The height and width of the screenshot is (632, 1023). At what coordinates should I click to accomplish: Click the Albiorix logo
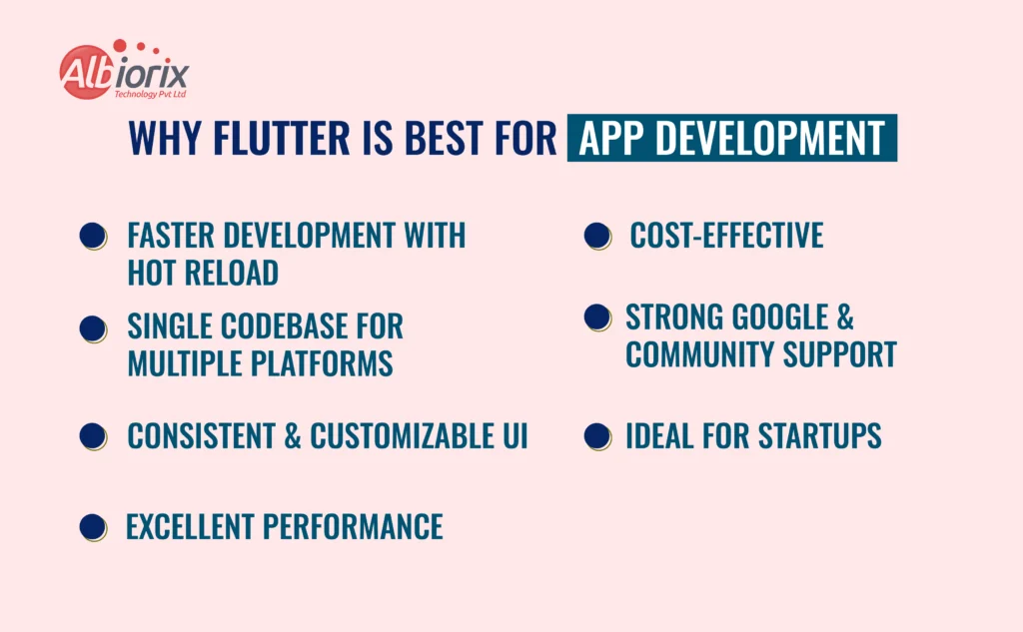coord(124,72)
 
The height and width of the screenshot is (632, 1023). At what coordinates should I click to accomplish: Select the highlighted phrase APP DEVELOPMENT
coord(731,139)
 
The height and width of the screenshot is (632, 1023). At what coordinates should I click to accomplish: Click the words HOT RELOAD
coord(203,272)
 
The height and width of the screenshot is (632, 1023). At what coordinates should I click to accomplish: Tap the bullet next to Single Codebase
coord(93,328)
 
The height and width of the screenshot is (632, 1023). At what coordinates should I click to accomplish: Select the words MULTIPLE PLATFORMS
coord(260,363)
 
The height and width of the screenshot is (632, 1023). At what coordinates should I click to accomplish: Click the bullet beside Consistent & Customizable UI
coord(93,435)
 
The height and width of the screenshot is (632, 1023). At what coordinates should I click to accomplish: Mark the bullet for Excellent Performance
coord(93,527)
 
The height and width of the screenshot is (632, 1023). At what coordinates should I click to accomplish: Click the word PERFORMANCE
coord(354,526)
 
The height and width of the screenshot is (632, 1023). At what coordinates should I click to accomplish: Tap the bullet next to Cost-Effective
coord(597,236)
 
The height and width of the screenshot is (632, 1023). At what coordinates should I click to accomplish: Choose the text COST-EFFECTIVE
coord(726,236)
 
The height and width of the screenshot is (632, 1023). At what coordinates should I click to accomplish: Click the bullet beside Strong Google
coord(597,317)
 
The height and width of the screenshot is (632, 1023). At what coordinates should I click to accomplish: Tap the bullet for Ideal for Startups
coord(597,435)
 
